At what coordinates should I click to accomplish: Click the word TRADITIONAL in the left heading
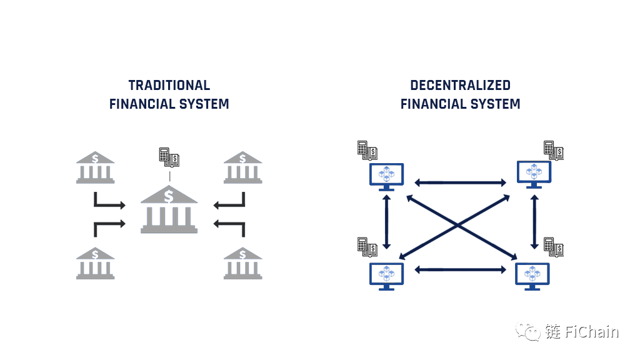[x=169, y=86]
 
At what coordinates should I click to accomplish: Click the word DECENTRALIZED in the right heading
[x=460, y=86]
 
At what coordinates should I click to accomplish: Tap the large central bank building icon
[x=169, y=209]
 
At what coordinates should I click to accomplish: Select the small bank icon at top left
[x=95, y=167]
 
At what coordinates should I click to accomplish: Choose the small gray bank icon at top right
[x=242, y=167]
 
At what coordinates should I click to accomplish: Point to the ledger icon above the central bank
[x=169, y=157]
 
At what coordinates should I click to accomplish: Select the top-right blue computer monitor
[x=534, y=174]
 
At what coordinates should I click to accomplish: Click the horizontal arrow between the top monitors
[x=461, y=182]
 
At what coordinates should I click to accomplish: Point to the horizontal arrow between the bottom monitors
[x=461, y=269]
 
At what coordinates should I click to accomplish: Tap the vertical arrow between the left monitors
[x=387, y=222]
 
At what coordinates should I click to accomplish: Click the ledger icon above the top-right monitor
[x=553, y=150]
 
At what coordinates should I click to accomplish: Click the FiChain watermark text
[x=581, y=331]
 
